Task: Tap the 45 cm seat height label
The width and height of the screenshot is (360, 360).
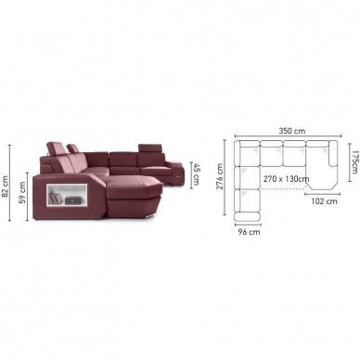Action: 197,174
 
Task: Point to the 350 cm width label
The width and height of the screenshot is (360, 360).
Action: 292,131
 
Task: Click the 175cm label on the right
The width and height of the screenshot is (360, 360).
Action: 355,161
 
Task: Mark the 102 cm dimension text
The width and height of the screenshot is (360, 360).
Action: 324,201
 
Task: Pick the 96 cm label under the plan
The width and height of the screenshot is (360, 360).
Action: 250,232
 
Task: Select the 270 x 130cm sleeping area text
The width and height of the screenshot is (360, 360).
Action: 286,179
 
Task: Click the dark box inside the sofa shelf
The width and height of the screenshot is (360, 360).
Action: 72,200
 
